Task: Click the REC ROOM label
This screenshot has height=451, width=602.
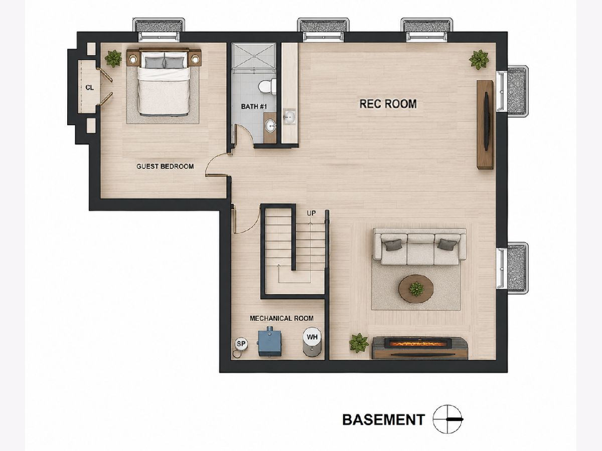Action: (x=388, y=104)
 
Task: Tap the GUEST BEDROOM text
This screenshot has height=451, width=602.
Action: (x=165, y=166)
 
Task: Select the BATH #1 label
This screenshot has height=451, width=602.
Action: (x=254, y=107)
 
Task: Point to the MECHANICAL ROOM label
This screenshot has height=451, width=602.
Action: (x=281, y=318)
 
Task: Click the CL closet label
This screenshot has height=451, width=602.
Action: (x=90, y=88)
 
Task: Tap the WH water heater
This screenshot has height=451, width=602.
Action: (x=312, y=342)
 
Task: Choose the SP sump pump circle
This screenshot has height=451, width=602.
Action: (x=241, y=343)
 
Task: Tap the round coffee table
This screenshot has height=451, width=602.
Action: (x=416, y=289)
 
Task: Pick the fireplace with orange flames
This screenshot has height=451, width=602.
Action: (x=420, y=348)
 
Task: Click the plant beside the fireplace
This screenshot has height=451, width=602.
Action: (x=359, y=343)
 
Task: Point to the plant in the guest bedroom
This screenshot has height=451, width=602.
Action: (x=113, y=58)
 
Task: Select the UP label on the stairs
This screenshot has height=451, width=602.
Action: (x=312, y=213)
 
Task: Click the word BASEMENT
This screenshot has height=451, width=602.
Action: (x=384, y=419)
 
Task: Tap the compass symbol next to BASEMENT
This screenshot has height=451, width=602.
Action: (x=447, y=419)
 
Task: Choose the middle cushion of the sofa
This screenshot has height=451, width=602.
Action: (x=421, y=249)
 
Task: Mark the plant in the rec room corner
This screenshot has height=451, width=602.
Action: (x=479, y=60)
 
